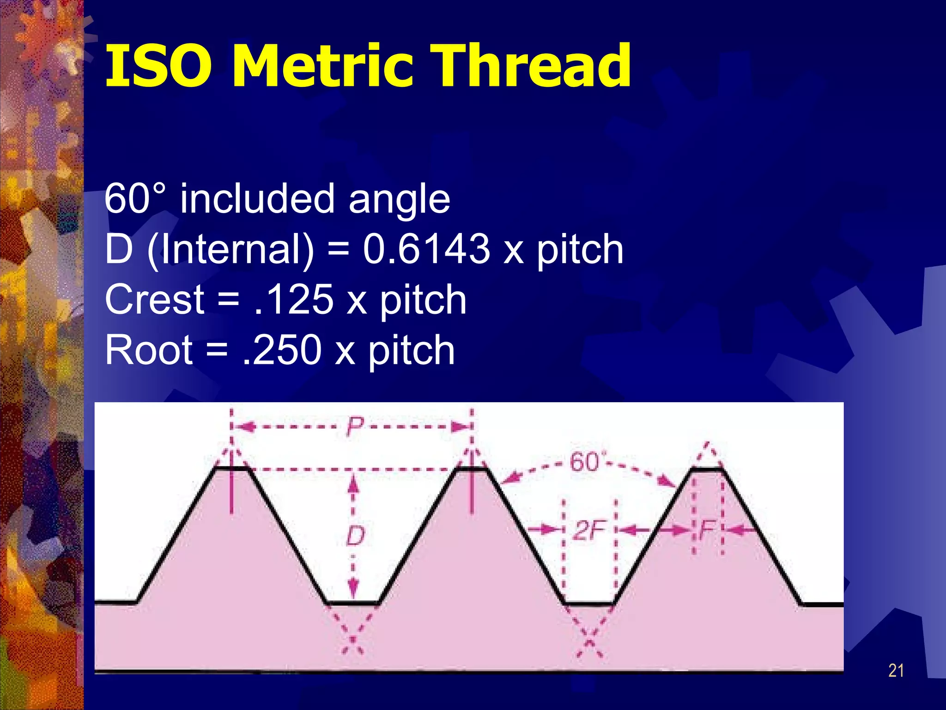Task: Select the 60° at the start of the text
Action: [x=134, y=199]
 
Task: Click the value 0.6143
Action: [x=426, y=249]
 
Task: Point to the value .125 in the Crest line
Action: [x=294, y=300]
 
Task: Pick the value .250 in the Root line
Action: [x=282, y=350]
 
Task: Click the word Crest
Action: [x=154, y=300]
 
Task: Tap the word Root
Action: [x=149, y=350]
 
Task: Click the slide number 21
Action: [x=896, y=670]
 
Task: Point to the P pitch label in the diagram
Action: [x=355, y=426]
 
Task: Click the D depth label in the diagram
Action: [x=355, y=536]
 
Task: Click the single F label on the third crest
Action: [x=707, y=529]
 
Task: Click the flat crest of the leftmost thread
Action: [x=231, y=469]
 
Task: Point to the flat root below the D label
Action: [x=353, y=603]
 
